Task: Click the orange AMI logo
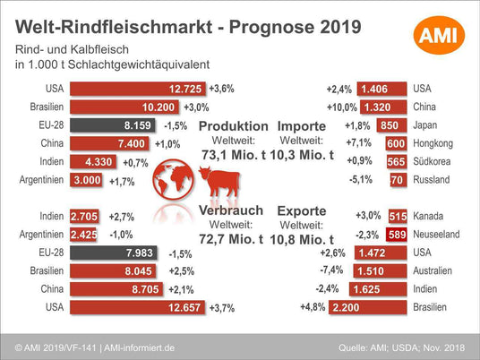[x=439, y=35]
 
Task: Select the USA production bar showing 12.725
[x=137, y=89]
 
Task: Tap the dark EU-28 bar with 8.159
[x=112, y=125]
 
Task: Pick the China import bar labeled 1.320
[x=383, y=107]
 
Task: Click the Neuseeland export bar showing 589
[x=397, y=235]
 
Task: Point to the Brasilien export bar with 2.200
[x=368, y=307]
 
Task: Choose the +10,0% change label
[x=342, y=107]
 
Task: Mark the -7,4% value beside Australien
[x=331, y=270]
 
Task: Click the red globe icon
[x=173, y=179]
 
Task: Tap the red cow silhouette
[x=219, y=181]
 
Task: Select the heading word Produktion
[x=234, y=126]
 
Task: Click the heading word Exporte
[x=302, y=211]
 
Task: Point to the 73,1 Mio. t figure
[x=234, y=155]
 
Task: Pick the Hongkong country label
[x=433, y=143]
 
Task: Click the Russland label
[x=432, y=180]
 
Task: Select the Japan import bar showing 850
[x=392, y=125]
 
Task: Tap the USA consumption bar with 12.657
[x=137, y=307]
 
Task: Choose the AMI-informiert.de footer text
[x=140, y=347]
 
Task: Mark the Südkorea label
[x=432, y=161]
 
